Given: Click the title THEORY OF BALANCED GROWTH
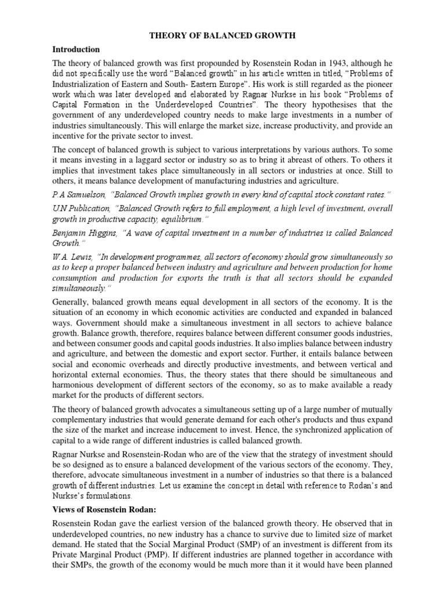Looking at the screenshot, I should pyautogui.click(x=222, y=35).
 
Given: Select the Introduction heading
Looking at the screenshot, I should pyautogui.click(x=76, y=49).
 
